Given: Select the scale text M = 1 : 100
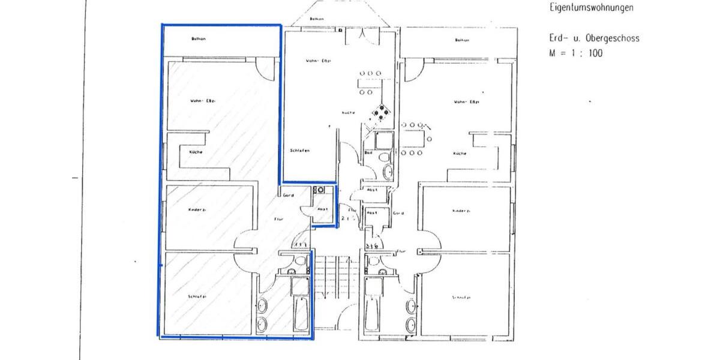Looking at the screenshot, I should pyautogui.click(x=575, y=53).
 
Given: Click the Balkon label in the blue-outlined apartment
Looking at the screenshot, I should pyautogui.click(x=199, y=40).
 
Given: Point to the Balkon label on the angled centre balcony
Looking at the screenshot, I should pyautogui.click(x=317, y=19).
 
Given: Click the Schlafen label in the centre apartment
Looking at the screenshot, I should pyautogui.click(x=299, y=151).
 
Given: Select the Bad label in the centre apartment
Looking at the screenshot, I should pyautogui.click(x=368, y=152).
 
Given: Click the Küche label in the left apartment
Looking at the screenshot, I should pyautogui.click(x=196, y=152).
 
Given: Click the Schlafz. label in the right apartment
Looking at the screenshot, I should pyautogui.click(x=461, y=298).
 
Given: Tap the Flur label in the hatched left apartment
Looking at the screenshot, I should pyautogui.click(x=278, y=220).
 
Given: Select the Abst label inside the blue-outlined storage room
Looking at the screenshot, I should pyautogui.click(x=322, y=209).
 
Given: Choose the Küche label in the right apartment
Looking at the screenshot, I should pyautogui.click(x=460, y=154).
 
